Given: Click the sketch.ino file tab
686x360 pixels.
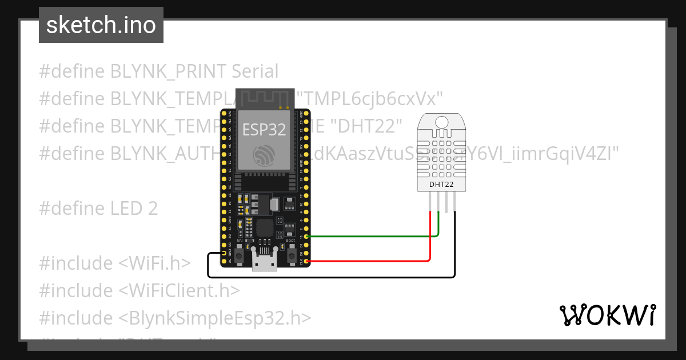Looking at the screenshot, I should pyautogui.click(x=101, y=25).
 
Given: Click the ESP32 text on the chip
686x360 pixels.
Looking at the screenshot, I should pyautogui.click(x=264, y=130).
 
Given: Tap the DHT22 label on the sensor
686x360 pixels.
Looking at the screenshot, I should pyautogui.click(x=442, y=184).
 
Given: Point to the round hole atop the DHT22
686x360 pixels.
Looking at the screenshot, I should pyautogui.click(x=442, y=121).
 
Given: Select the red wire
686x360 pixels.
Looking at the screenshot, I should pyautogui.click(x=372, y=261).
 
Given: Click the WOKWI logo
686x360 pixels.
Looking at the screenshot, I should pyautogui.click(x=607, y=315).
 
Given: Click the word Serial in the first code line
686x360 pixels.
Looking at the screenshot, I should pyautogui.click(x=255, y=71).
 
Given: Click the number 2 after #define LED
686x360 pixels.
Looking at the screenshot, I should pyautogui.click(x=153, y=209).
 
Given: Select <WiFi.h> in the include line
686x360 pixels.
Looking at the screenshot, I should pyautogui.click(x=154, y=263).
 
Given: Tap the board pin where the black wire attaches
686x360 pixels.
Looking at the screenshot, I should pyautogui.click(x=224, y=253).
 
